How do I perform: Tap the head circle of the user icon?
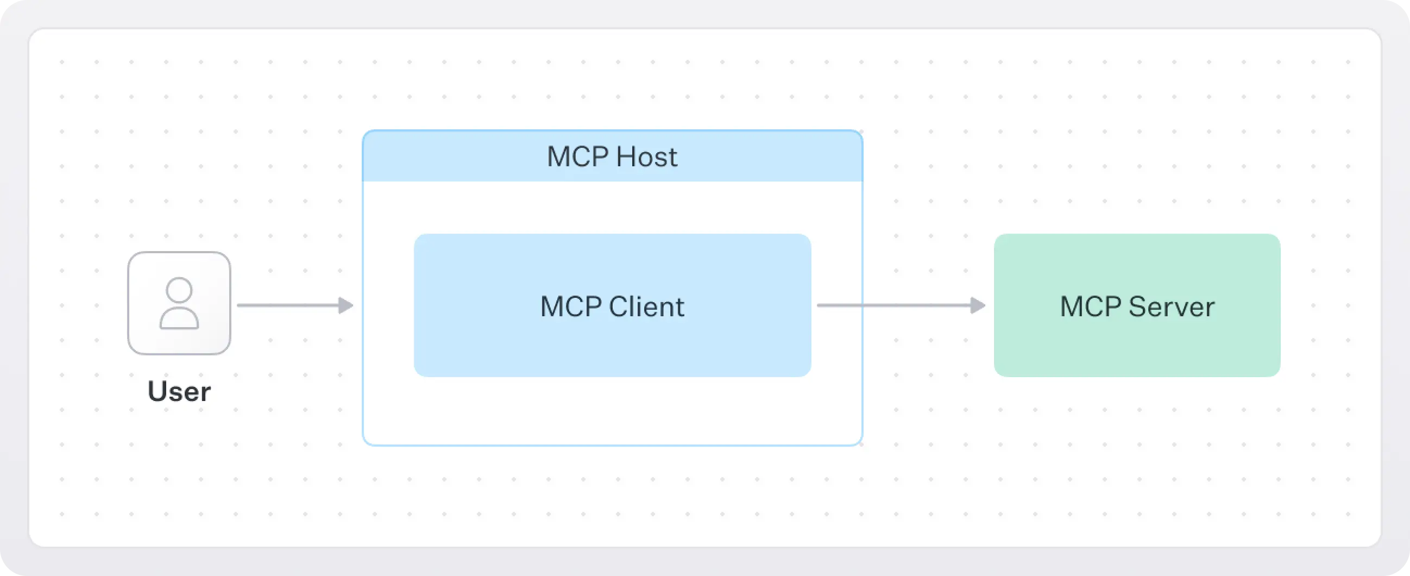(179, 290)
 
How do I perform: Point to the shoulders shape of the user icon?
(179, 319)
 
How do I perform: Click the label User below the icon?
(179, 391)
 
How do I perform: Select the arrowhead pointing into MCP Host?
(346, 305)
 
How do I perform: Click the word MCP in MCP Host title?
(577, 156)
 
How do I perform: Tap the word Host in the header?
(646, 156)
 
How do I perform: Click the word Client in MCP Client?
(646, 306)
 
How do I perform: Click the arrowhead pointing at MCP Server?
(978, 305)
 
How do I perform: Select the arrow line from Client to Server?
(898, 305)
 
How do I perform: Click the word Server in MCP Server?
(1172, 306)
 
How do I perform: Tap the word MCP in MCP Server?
(1090, 306)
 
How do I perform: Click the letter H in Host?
(625, 156)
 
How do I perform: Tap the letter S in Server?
(1137, 306)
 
